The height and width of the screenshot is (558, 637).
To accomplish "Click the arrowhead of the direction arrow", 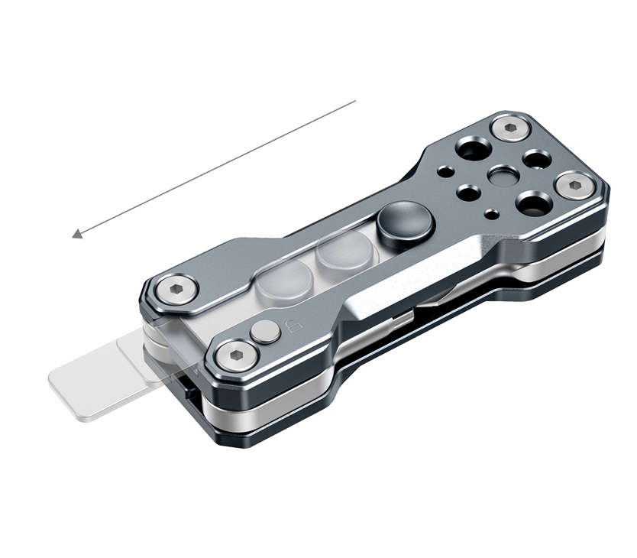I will (76, 234).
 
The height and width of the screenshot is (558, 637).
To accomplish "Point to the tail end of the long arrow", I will (355, 100).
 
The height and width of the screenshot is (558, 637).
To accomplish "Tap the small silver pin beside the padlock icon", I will (266, 332).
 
